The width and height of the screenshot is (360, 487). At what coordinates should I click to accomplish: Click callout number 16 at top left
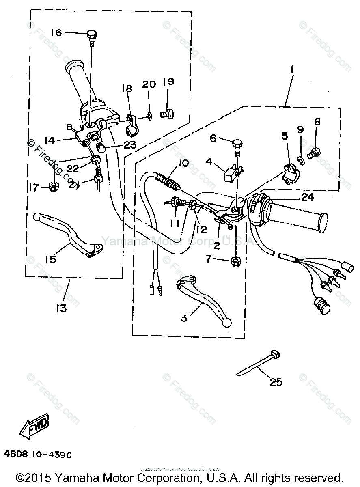(56, 32)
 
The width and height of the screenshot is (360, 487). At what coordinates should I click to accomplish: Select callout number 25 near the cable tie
(276, 382)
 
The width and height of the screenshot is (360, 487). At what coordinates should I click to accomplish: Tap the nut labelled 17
(53, 187)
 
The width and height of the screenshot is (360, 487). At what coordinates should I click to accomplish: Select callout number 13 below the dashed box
(62, 308)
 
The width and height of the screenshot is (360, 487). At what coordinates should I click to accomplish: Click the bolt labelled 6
(238, 144)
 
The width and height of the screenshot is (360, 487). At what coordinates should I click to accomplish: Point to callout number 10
(183, 164)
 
